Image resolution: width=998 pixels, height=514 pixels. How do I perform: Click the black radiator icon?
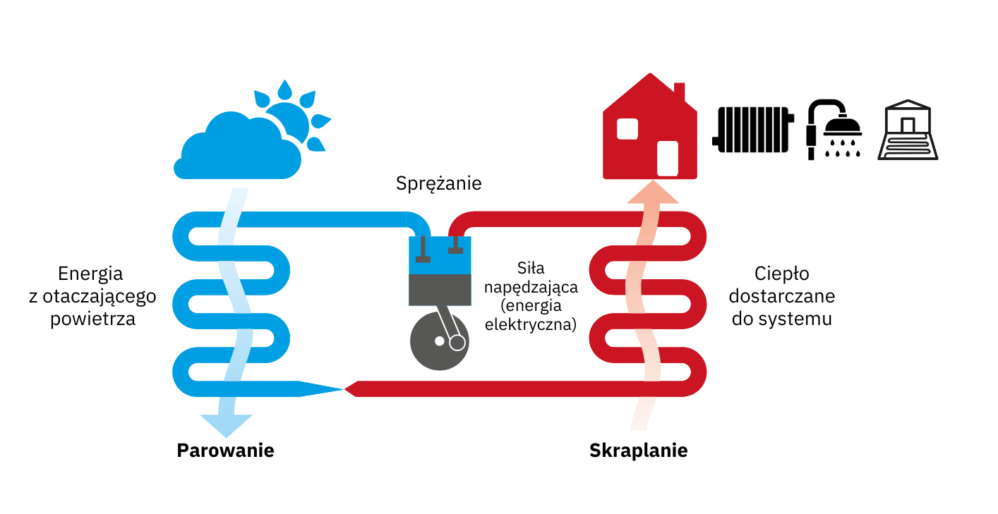(753, 130)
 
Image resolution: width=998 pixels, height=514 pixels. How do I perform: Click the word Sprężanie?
(438, 184)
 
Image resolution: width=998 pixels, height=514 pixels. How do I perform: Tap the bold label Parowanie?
(225, 450)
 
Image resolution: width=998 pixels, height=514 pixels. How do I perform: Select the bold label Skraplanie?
(638, 450)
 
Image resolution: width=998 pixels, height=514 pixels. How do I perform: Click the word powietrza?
(92, 318)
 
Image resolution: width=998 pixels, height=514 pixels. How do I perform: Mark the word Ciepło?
(781, 274)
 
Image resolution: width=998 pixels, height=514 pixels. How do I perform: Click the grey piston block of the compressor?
(440, 289)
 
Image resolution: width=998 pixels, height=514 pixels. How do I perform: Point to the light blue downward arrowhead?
(226, 425)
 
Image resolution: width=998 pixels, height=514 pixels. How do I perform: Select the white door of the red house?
(667, 158)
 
